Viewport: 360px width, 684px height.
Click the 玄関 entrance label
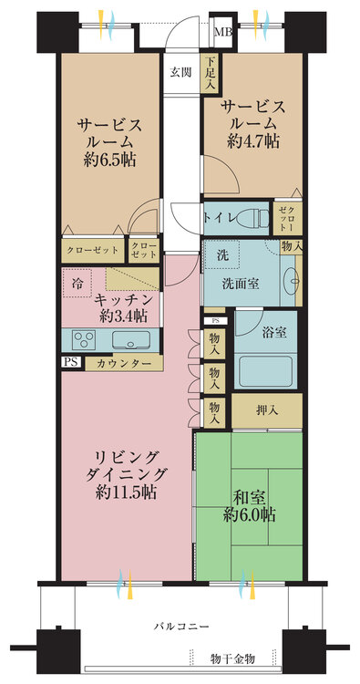pyautogui.click(x=180, y=72)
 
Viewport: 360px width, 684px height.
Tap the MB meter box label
pyautogui.click(x=223, y=32)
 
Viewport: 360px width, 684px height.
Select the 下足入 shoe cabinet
pyautogui.click(x=210, y=72)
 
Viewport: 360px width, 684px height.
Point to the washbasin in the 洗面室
pyautogui.click(x=293, y=282)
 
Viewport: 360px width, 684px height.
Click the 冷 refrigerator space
pyautogui.click(x=77, y=283)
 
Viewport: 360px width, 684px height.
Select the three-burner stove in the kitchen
pyautogui.click(x=84, y=339)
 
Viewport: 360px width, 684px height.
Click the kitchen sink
pyautogui.click(x=130, y=340)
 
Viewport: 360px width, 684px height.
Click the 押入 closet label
pyautogui.click(x=267, y=410)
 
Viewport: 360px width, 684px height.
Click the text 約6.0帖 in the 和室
pyautogui.click(x=250, y=514)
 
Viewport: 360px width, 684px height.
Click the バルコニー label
pyautogui.click(x=181, y=627)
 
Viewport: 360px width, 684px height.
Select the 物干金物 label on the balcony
pyautogui.click(x=232, y=658)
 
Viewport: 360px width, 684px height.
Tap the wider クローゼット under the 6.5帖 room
pyautogui.click(x=93, y=251)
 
